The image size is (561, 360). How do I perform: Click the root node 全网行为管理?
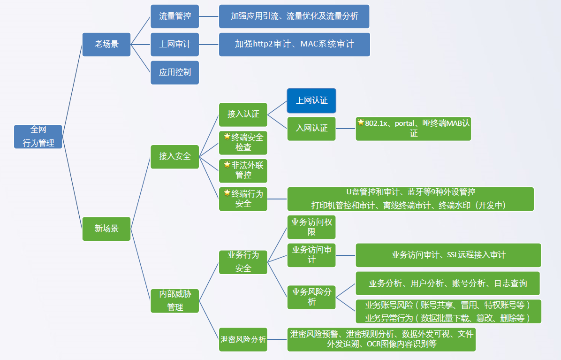pyautogui.click(x=38, y=136)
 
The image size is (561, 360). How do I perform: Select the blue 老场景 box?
pyautogui.click(x=106, y=45)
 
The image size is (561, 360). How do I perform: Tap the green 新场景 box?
pyautogui.click(x=106, y=229)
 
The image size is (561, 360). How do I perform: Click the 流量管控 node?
pyautogui.click(x=174, y=16)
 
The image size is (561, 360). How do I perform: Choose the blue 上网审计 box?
pyautogui.click(x=174, y=45)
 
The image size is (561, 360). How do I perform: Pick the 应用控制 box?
pyautogui.click(x=174, y=73)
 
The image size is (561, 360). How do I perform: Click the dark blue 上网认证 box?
pyautogui.click(x=311, y=100)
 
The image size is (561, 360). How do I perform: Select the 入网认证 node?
pyautogui.click(x=311, y=129)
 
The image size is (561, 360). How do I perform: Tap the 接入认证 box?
pyautogui.click(x=243, y=115)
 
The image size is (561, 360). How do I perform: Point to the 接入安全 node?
pyautogui.click(x=174, y=157)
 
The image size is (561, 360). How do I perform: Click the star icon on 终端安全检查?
pyautogui.click(x=227, y=136)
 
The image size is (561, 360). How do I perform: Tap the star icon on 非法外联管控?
pyautogui.click(x=227, y=164)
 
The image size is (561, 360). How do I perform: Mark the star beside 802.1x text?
pyautogui.click(x=361, y=123)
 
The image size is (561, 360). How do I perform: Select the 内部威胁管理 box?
pyautogui.click(x=174, y=300)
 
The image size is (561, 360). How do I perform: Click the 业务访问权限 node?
pyautogui.click(x=311, y=227)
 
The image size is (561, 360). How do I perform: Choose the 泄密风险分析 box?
pyautogui.click(x=243, y=339)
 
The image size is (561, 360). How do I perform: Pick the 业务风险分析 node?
pyautogui.click(x=311, y=297)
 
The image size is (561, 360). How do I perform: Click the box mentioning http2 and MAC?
pyautogui.click(x=295, y=45)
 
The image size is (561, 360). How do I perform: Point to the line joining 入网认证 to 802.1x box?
pyautogui.click(x=346, y=129)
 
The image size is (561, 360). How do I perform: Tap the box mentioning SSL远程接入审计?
pyautogui.click(x=448, y=255)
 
